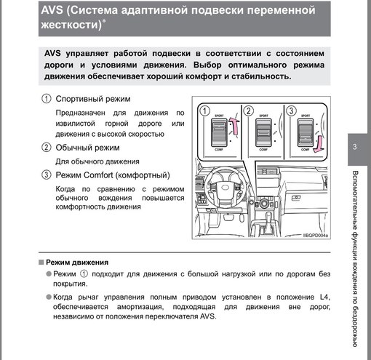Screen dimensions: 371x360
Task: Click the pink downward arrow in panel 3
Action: coord(319,145)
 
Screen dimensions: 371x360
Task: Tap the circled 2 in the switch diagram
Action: coord(249,111)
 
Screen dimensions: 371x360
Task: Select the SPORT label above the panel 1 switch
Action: coord(219,116)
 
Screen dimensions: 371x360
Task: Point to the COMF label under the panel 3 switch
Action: coord(306,150)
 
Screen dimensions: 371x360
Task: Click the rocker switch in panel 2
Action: coord(263,132)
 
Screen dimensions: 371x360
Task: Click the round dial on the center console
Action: coord(264,203)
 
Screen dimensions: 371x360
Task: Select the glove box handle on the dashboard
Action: coord(296,198)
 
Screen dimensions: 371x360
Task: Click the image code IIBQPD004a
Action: coord(316,236)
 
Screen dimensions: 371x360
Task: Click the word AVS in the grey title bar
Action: coord(52,10)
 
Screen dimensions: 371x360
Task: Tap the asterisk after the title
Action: coord(104,21)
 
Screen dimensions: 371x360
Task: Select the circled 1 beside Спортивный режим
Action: coord(47,99)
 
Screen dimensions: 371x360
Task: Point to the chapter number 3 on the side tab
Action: coord(354,147)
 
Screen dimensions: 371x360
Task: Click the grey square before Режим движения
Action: coord(41,263)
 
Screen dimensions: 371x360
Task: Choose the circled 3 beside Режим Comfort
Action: coord(47,175)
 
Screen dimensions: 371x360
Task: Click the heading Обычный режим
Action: coord(87,148)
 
